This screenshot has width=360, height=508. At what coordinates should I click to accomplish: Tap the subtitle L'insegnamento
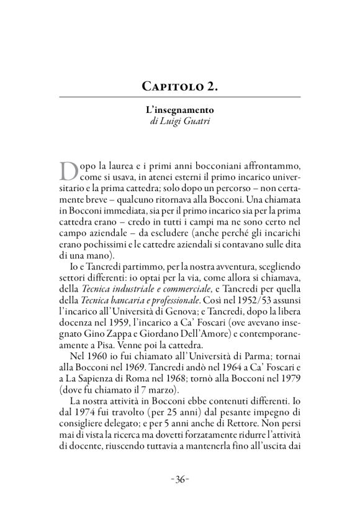179,110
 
